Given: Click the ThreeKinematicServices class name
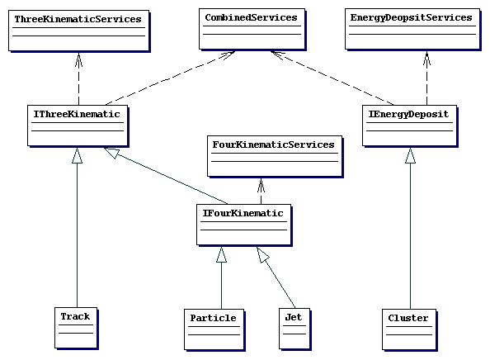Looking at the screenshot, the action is (78, 19).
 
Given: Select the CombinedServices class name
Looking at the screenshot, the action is (252, 17).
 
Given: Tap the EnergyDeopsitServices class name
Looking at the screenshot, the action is (412, 18).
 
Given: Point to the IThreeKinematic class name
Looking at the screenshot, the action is (77, 114).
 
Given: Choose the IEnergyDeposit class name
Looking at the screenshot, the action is (409, 115).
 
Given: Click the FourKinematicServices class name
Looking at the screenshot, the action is (273, 144).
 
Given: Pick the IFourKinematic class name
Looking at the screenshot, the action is (243, 213).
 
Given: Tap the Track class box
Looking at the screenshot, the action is (76, 328).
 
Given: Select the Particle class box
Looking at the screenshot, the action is (214, 329).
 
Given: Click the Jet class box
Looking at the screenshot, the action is (294, 329).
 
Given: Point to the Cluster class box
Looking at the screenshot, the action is (409, 329).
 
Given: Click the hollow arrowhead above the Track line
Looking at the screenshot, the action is (78, 155).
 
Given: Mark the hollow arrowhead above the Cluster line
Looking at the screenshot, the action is (410, 155).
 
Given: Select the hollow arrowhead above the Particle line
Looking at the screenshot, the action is (221, 254).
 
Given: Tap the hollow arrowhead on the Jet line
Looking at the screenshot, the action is (262, 254).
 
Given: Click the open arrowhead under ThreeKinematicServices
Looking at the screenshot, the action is (78, 59).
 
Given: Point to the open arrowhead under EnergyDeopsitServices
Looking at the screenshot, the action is (426, 58).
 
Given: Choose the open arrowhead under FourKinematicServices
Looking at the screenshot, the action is (261, 185).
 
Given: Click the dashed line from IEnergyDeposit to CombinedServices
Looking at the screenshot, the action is (332, 78).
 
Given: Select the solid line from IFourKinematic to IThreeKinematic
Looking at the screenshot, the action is (166, 176).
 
